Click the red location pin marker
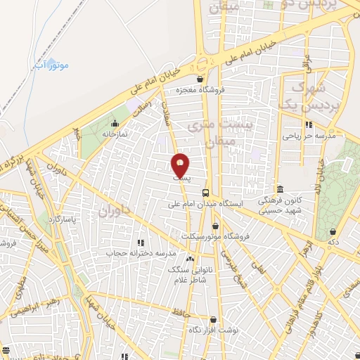[181, 165]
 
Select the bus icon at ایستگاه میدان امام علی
[205, 193]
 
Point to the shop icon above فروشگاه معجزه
[202, 79]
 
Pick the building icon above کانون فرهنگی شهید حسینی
[281, 188]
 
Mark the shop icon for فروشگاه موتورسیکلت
[215, 226]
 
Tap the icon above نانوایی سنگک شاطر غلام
[190, 259]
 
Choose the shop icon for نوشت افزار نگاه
[212, 320]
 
